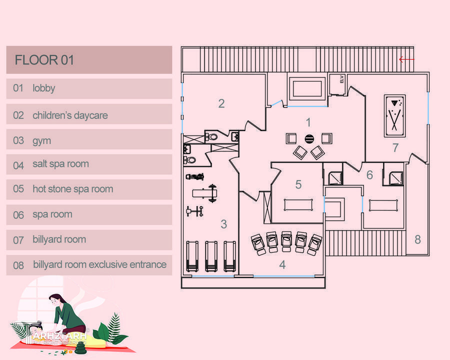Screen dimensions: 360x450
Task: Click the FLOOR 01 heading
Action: click(44, 60)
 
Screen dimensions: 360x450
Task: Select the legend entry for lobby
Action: click(44, 88)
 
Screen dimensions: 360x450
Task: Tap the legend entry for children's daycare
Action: click(70, 115)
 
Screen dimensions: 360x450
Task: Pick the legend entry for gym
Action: click(42, 141)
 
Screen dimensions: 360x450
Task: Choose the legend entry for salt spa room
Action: click(60, 164)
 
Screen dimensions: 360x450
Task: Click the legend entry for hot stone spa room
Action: click(72, 189)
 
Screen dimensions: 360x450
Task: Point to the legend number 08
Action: click(18, 265)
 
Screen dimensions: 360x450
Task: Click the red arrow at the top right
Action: click(406, 59)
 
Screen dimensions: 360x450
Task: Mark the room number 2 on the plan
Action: click(221, 104)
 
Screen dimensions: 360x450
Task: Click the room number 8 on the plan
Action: click(417, 239)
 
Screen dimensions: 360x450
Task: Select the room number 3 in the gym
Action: click(224, 224)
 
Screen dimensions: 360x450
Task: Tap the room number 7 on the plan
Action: click(395, 148)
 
